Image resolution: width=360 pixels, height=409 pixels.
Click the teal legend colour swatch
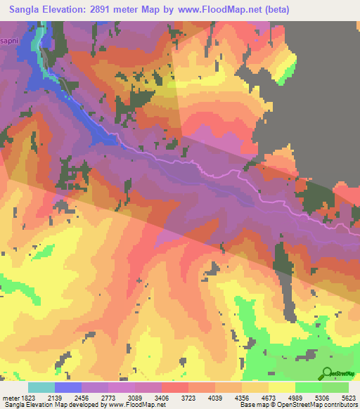point(41,387)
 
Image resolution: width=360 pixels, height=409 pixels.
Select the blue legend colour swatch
point(68,387)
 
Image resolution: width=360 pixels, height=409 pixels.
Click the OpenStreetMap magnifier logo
point(327,374)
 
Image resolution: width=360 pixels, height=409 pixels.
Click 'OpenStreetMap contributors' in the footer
point(326,405)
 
